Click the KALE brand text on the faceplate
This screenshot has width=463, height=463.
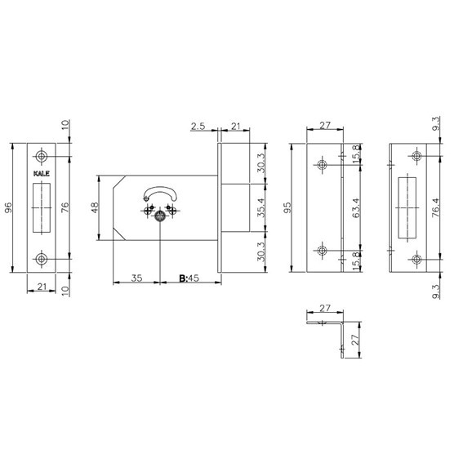[42, 174]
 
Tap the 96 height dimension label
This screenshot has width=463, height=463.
[8, 207]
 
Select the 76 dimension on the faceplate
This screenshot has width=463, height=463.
[65, 207]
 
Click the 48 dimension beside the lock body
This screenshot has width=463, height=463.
[95, 207]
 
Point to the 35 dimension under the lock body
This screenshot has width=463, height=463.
[136, 278]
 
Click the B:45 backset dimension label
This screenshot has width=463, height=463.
[189, 278]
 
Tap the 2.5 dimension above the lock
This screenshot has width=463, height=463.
[198, 127]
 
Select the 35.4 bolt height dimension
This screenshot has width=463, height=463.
[260, 207]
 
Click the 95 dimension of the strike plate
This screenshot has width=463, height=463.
[287, 207]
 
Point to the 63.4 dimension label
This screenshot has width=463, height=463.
[356, 208]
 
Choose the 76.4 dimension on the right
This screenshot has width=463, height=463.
[436, 208]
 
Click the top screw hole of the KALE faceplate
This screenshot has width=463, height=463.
[42, 156]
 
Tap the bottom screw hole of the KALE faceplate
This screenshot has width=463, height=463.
[42, 259]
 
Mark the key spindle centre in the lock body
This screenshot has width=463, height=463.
[160, 217]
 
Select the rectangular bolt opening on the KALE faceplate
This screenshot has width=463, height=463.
[42, 208]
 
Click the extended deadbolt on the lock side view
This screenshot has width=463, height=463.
[235, 207]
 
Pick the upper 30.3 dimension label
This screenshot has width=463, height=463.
[260, 163]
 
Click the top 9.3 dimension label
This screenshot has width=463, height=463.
[436, 123]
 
